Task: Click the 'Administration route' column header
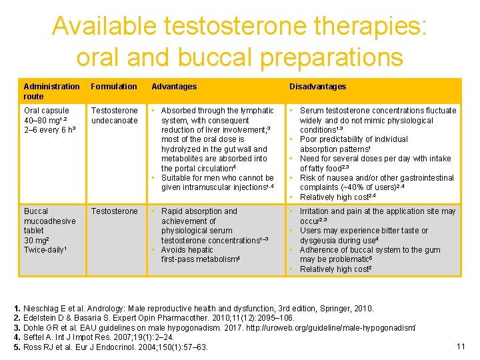pos(51,91)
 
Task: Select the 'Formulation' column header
pos(114,86)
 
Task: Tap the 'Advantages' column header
pos(174,86)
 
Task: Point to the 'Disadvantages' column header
pos(317,86)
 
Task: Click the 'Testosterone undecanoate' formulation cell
pos(115,115)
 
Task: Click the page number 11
pos(460,345)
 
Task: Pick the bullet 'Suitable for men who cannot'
pos(217,183)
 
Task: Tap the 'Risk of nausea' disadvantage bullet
pos(376,183)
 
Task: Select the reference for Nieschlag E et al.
pos(193,309)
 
